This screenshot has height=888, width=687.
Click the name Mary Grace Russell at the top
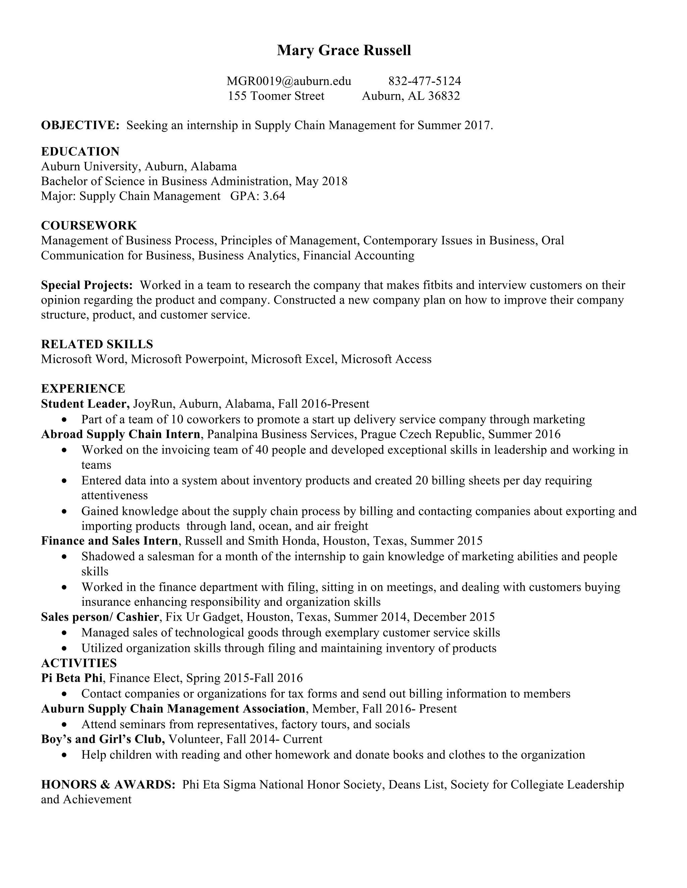point(344,50)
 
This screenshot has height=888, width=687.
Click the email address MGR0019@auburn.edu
point(288,81)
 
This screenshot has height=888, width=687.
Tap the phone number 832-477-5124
point(424,81)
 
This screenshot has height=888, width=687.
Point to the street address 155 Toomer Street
point(276,96)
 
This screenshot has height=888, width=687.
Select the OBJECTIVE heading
point(80,125)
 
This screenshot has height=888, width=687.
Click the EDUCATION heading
point(80,152)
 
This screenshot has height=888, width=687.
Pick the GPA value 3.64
point(274,196)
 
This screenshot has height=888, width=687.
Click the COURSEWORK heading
point(89,225)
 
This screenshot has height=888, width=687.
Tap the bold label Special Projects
point(87,285)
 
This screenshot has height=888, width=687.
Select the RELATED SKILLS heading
point(97,344)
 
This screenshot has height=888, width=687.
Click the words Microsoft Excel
point(294,359)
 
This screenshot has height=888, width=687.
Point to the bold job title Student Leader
point(85,404)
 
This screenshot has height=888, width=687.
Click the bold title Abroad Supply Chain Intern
point(120,434)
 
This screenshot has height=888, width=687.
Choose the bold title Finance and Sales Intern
point(109,541)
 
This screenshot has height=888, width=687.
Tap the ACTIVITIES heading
point(79,663)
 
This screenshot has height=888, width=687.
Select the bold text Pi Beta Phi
point(72,678)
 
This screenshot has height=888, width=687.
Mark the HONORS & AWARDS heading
point(108,784)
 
